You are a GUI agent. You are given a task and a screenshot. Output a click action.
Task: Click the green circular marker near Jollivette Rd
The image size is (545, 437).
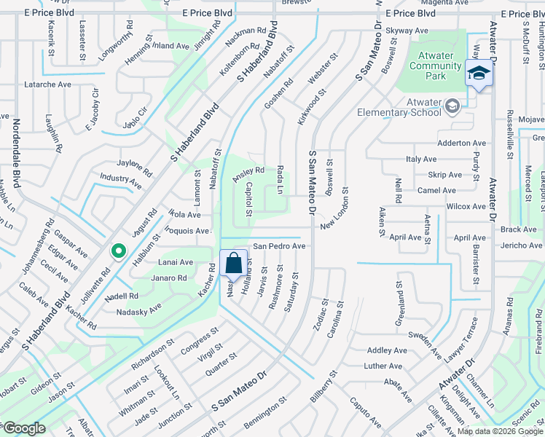click(x=117, y=251)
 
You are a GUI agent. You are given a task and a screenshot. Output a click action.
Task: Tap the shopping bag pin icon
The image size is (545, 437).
click(x=233, y=263)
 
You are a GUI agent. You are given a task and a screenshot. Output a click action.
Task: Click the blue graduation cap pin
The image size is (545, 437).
click(x=479, y=73)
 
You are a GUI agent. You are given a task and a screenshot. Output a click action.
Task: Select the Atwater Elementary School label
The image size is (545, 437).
click(x=399, y=107)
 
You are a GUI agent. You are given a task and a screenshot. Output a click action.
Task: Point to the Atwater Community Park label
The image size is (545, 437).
click(x=436, y=66)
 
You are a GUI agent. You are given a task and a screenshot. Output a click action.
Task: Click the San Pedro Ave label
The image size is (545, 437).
click(x=278, y=246)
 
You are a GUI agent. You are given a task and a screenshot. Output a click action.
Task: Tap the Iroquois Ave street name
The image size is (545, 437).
click(x=188, y=231)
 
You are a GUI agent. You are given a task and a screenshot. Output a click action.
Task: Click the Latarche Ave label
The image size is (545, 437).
click(x=47, y=84)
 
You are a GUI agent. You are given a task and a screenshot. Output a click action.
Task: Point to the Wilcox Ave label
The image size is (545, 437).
click(x=466, y=206)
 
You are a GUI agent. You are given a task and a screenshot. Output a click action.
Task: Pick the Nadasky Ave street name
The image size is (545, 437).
click(x=139, y=312)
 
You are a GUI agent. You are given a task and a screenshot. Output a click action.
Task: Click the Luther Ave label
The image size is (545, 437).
click(x=383, y=366)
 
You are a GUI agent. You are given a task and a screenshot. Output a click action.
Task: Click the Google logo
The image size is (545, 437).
click(x=23, y=429)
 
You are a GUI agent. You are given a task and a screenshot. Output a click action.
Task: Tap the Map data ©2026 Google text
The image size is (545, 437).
click(x=499, y=431)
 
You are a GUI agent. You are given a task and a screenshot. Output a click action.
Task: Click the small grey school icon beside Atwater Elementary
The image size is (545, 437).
click(x=452, y=107)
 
